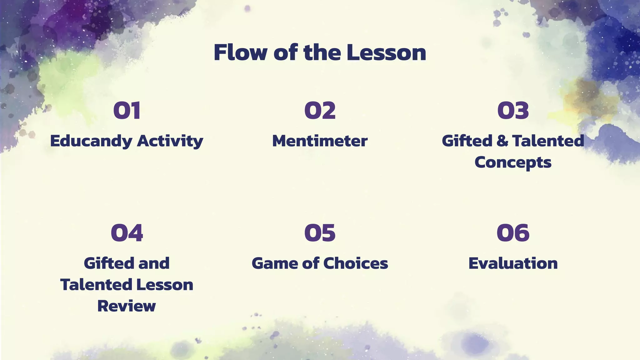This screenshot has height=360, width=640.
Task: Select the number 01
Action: coord(127,111)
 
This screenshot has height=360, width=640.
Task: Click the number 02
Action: coord(320,111)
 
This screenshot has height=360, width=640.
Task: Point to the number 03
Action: coord(513,111)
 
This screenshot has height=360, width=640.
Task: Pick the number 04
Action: coord(127,233)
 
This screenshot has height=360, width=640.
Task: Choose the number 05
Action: coord(320,233)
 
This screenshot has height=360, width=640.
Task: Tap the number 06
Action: coord(513,233)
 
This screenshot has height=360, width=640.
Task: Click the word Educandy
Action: coord(91,141)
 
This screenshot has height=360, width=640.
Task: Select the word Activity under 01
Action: coord(170,141)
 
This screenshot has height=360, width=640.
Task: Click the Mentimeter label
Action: coord(320,141)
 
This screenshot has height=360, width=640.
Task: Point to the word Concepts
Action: coord(513,162)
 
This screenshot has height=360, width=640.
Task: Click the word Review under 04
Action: coord(127,306)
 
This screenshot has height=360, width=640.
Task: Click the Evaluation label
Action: coord(513,263)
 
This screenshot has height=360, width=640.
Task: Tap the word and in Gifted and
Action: coord(154,263)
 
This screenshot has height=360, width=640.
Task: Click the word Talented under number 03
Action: coord(548,141)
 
